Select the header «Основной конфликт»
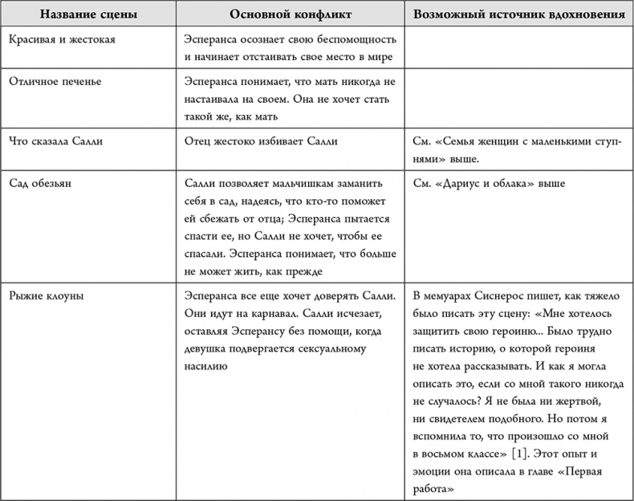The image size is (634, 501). pyautogui.click(x=290, y=14)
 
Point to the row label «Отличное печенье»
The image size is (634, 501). pyautogui.click(x=55, y=82)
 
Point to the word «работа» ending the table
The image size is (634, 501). pyautogui.click(x=433, y=488)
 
